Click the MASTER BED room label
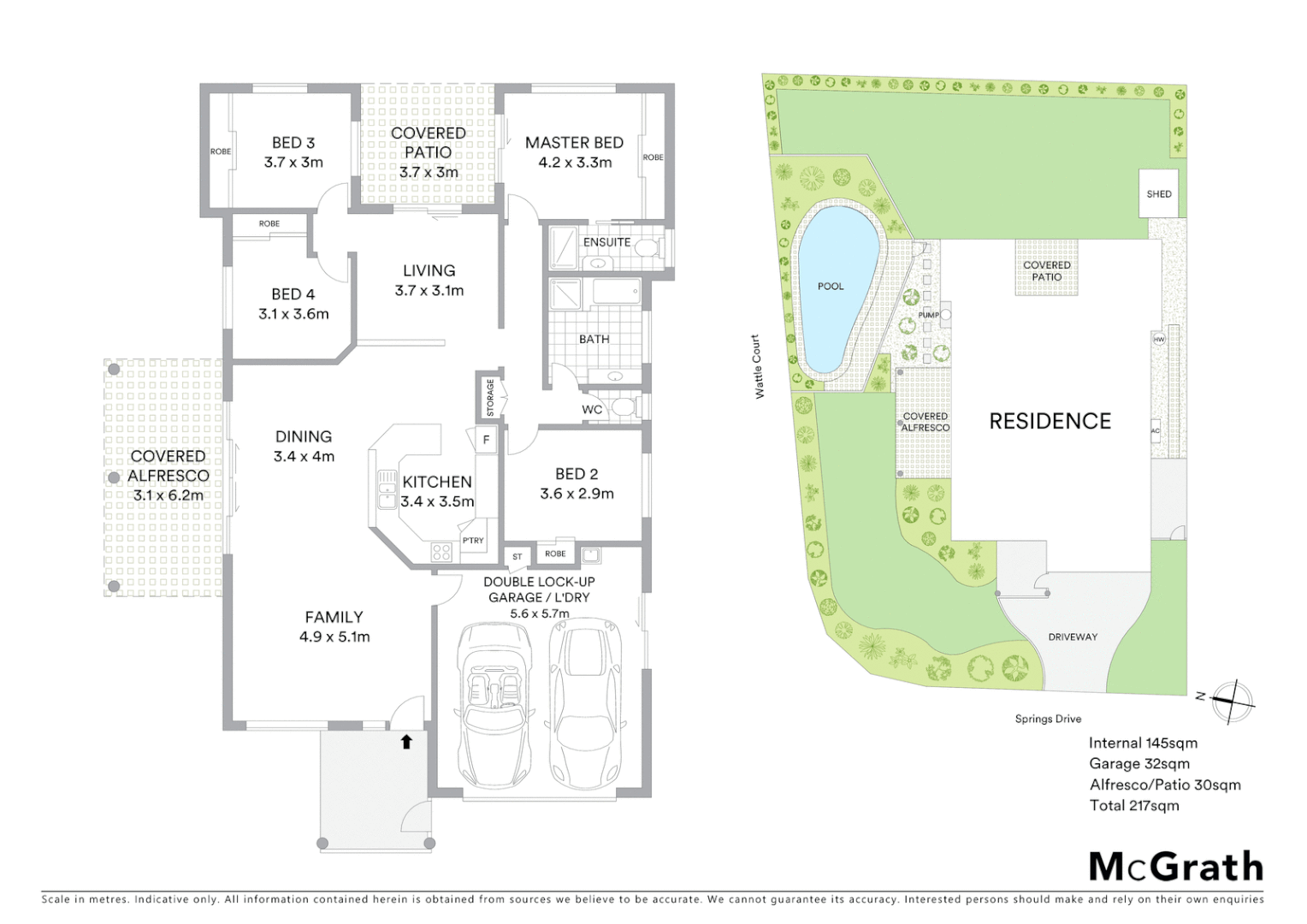[x=574, y=143]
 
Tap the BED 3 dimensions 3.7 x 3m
[x=293, y=163]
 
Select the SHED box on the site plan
[x=1159, y=194]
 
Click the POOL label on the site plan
[x=831, y=287]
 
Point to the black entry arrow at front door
[x=406, y=742]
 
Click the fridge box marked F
[x=486, y=440]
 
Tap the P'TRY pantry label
[x=473, y=541]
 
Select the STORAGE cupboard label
[x=490, y=398]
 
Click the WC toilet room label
[x=592, y=410]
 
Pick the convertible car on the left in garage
[x=494, y=706]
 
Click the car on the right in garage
[x=588, y=706]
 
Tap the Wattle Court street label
[x=758, y=366]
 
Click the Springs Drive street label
[x=1048, y=719]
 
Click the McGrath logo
[x=1176, y=867]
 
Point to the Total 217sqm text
[x=1134, y=805]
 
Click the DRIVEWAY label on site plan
[x=1073, y=637]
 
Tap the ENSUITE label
[x=606, y=242]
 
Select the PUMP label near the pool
[x=928, y=315]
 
